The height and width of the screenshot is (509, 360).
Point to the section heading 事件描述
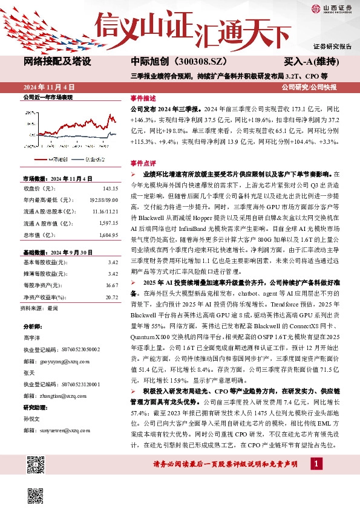coord(143,98)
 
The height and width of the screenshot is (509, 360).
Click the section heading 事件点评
coord(143,163)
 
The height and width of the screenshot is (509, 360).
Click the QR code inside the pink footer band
coord(36,464)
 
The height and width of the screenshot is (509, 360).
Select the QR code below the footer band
coord(36,494)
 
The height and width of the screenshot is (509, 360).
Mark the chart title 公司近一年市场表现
coord(47,97)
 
